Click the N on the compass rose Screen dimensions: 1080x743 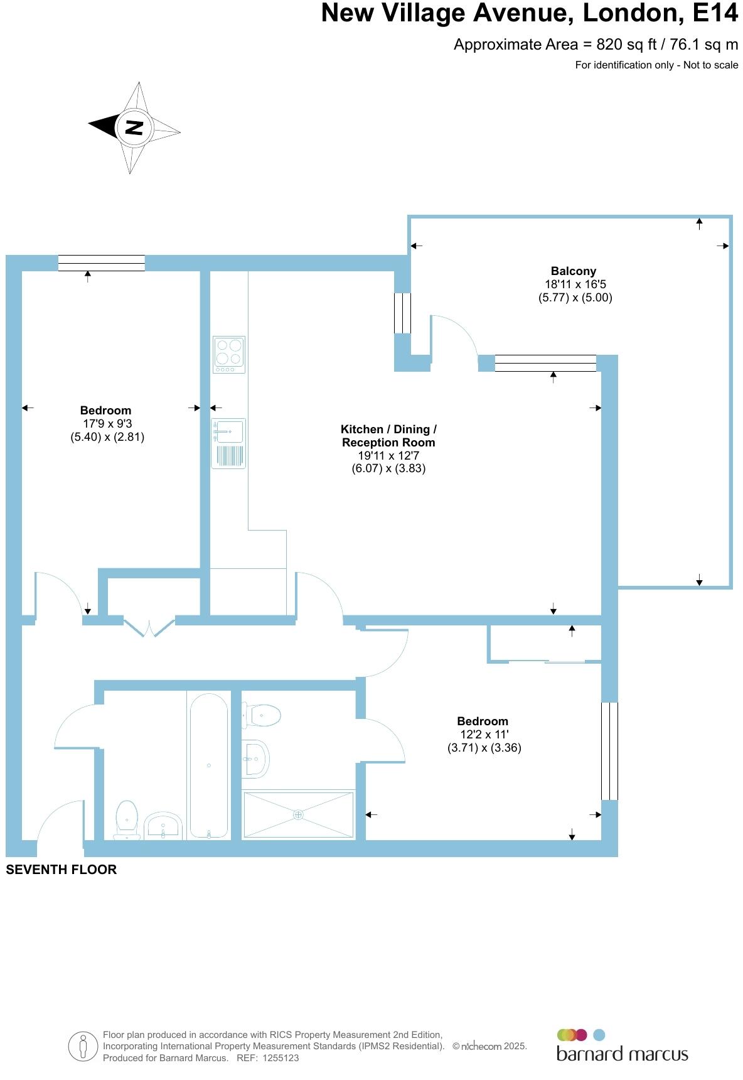coord(134,127)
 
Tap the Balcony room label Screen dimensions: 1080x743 coord(573,271)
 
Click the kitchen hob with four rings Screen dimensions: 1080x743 coord(229,354)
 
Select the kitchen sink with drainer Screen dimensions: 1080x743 coord(228,443)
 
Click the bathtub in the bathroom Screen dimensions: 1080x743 coord(208,765)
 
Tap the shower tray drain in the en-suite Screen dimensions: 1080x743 coord(298,814)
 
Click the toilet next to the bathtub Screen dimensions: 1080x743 coord(127,819)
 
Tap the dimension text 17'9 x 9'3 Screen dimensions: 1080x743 coord(107,424)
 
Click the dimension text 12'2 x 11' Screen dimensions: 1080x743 coord(484,734)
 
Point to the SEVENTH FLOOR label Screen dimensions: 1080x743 coord(61,870)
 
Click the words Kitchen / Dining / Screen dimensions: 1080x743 coord(388,429)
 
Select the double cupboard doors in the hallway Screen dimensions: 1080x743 coord(149,628)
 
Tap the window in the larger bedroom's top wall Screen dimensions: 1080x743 coord(101,262)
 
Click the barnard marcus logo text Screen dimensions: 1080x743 coord(622,1054)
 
